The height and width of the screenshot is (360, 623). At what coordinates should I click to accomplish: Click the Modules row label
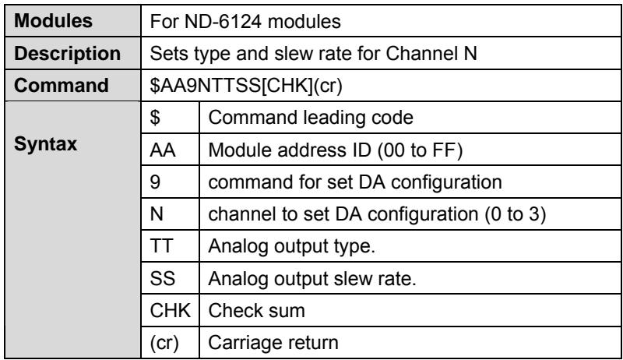click(53, 21)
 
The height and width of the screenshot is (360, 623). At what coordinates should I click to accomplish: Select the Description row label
click(68, 53)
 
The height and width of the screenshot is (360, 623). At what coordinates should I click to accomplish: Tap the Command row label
click(62, 85)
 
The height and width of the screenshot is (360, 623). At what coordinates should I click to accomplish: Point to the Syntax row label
click(46, 144)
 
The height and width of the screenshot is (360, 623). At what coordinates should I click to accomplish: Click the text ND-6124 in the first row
click(223, 21)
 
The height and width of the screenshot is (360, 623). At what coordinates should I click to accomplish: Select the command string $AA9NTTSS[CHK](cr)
click(246, 86)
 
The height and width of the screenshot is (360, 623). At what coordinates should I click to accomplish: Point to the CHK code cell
click(170, 311)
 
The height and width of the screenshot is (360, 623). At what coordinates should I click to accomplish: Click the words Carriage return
click(273, 343)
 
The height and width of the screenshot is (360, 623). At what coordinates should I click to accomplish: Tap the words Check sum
click(257, 311)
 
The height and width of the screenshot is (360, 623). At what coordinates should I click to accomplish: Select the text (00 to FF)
click(420, 150)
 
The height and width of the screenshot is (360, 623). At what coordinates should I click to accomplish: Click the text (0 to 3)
click(516, 214)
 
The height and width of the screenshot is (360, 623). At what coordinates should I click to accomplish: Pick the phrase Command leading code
click(311, 118)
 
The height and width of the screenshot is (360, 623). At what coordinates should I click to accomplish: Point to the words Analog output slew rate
click(312, 278)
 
